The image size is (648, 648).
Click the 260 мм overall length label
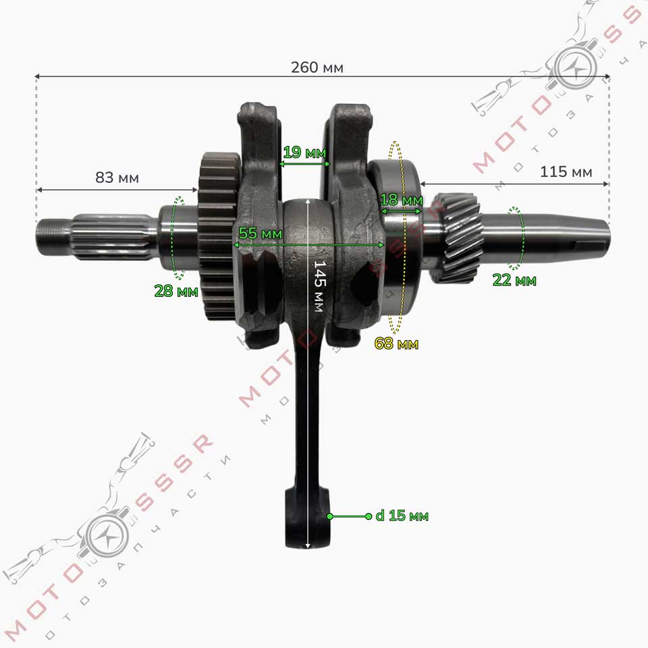tap(317, 67)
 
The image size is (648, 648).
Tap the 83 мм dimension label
tap(117, 178)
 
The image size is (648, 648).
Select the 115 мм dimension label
tap(566, 171)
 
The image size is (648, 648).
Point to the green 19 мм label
tap(304, 153)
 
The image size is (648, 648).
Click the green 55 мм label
tap(261, 234)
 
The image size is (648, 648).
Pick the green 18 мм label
tap(401, 200)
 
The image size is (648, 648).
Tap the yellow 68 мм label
tap(396, 344)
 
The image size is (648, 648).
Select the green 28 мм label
tap(176, 291)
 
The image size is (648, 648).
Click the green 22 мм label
tap(514, 280)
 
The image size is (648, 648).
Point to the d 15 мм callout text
tap(402, 516)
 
